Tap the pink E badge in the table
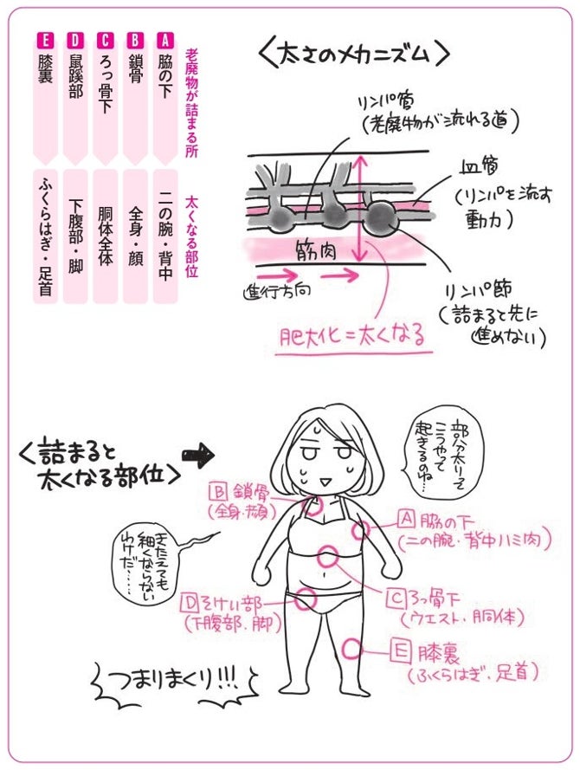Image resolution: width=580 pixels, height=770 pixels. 45,40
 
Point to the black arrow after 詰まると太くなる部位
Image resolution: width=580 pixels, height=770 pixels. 199,453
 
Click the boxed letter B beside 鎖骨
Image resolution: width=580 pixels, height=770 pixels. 218,491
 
